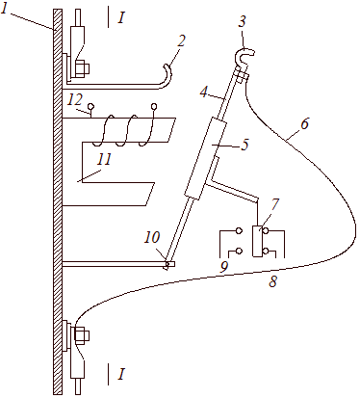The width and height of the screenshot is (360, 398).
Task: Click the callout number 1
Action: coord(5,9)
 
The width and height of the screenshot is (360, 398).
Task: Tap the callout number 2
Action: coord(181,40)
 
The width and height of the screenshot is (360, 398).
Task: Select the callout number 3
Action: coord(243,21)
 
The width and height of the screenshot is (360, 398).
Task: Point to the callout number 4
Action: coord(203,92)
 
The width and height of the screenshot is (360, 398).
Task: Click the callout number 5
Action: coord(244,145)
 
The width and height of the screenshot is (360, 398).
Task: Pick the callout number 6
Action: coord(304,123)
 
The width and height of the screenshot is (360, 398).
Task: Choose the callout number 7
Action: coord(275,205)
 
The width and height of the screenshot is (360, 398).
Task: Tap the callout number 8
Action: coord(272,281)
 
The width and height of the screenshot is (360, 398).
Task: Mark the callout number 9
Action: coord(224,266)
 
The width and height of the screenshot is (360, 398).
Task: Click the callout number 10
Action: coord(151,237)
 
